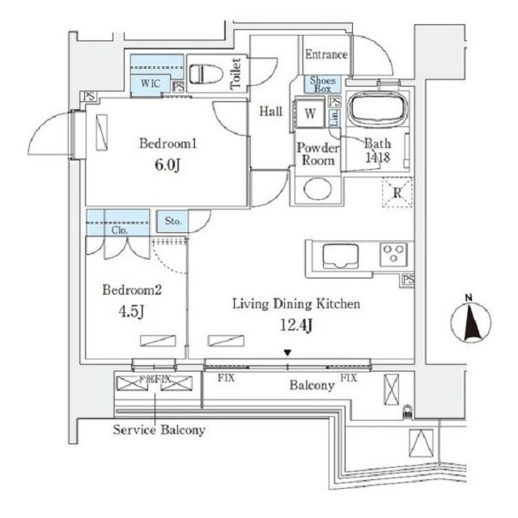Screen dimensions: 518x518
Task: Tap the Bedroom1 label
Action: [168, 143]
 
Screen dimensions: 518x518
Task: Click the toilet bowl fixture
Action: [206, 72]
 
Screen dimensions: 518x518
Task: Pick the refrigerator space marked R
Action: [397, 193]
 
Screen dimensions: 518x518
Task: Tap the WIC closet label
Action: [149, 83]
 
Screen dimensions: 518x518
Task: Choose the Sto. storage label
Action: [172, 220]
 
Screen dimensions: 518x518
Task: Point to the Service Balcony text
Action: [159, 430]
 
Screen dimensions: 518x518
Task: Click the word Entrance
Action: [326, 55]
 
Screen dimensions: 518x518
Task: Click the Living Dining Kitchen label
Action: [295, 304]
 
